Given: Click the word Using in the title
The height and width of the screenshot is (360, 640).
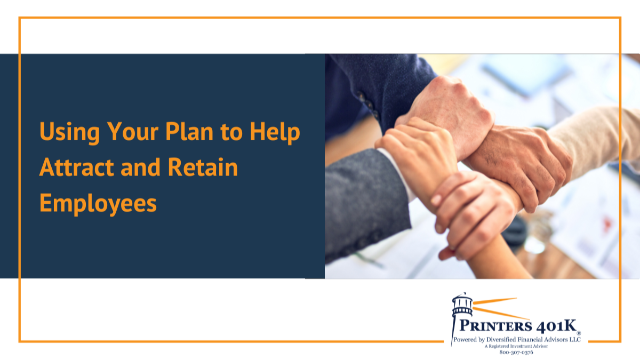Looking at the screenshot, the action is [70, 132].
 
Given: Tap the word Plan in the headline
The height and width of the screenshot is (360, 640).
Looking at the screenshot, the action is [189, 131].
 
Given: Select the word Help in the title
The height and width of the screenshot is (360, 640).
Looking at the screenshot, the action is [275, 132].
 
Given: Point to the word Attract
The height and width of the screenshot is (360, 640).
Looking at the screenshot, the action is [77, 167].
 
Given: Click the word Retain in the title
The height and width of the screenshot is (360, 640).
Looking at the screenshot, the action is [203, 167].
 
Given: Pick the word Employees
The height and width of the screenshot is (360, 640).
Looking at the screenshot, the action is [98, 204].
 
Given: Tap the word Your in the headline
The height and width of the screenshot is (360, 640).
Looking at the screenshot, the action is [133, 131].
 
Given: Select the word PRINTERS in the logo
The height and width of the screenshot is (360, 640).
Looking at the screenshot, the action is [495, 326].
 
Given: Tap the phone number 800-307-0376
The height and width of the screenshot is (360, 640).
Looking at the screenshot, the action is [516, 353].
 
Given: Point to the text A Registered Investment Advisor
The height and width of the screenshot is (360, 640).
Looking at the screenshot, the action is [516, 346].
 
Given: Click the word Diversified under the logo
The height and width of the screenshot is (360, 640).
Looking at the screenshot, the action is [502, 339].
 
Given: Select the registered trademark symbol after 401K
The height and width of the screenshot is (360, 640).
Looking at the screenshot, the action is [578, 333].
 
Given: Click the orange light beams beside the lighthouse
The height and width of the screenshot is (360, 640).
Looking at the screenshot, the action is [501, 309].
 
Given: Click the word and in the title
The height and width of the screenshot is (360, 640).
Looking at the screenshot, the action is [141, 167].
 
